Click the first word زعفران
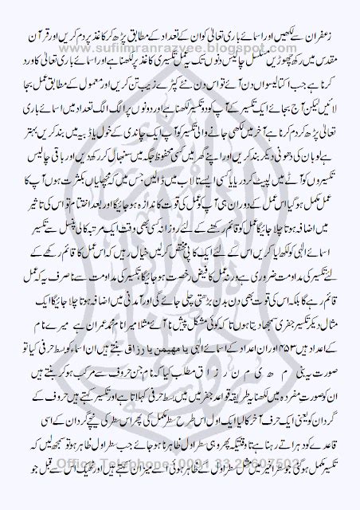(x=327, y=15)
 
